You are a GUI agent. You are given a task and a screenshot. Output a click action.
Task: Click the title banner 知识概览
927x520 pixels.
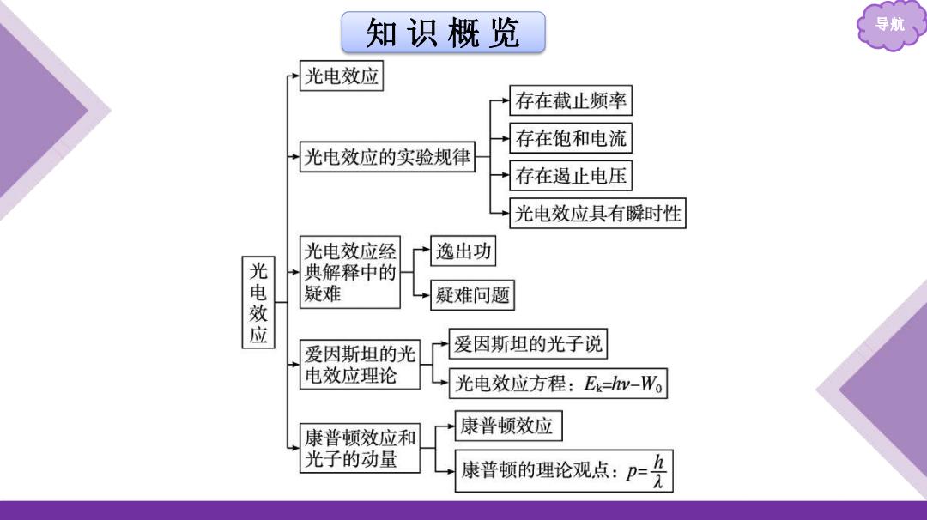pos(444,33)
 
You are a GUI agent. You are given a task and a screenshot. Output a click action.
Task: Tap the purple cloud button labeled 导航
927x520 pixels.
pos(890,25)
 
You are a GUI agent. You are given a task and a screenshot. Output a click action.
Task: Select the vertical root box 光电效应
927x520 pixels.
pos(258,302)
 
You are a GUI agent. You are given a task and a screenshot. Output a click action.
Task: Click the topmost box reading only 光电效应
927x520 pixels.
pos(341,76)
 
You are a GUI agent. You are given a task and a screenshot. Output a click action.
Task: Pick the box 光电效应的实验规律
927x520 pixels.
pos(387,156)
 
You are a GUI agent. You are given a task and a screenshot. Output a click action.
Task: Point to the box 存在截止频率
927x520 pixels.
pos(571,100)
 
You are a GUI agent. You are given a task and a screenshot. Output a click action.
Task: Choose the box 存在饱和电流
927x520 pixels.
pos(571,138)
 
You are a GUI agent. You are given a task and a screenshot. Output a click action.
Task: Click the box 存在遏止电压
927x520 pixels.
pos(571,176)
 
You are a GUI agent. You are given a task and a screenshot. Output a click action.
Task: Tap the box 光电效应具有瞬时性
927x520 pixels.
pos(597,214)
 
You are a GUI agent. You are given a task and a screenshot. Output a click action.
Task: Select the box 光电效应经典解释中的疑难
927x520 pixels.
pos(350,272)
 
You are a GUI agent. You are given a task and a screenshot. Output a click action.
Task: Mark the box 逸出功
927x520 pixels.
pos(463,251)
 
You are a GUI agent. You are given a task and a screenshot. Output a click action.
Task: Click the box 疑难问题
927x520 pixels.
pos(472,295)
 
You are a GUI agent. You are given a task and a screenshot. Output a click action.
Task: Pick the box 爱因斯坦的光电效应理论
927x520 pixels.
pos(360,364)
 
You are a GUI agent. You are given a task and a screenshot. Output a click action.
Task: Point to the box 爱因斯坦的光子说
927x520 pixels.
pos(528,344)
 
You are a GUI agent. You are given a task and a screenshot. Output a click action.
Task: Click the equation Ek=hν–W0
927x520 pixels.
pos(623,384)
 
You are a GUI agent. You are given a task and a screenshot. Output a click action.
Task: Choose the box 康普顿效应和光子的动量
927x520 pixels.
pos(360,448)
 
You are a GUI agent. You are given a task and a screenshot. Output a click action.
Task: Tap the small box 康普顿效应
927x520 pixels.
pos(508,426)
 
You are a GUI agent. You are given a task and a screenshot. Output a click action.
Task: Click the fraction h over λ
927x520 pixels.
pos(658,471)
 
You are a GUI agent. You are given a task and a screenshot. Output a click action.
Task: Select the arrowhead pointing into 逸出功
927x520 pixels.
pos(427,250)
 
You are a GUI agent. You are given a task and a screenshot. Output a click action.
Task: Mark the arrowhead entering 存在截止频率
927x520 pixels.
pos(506,100)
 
